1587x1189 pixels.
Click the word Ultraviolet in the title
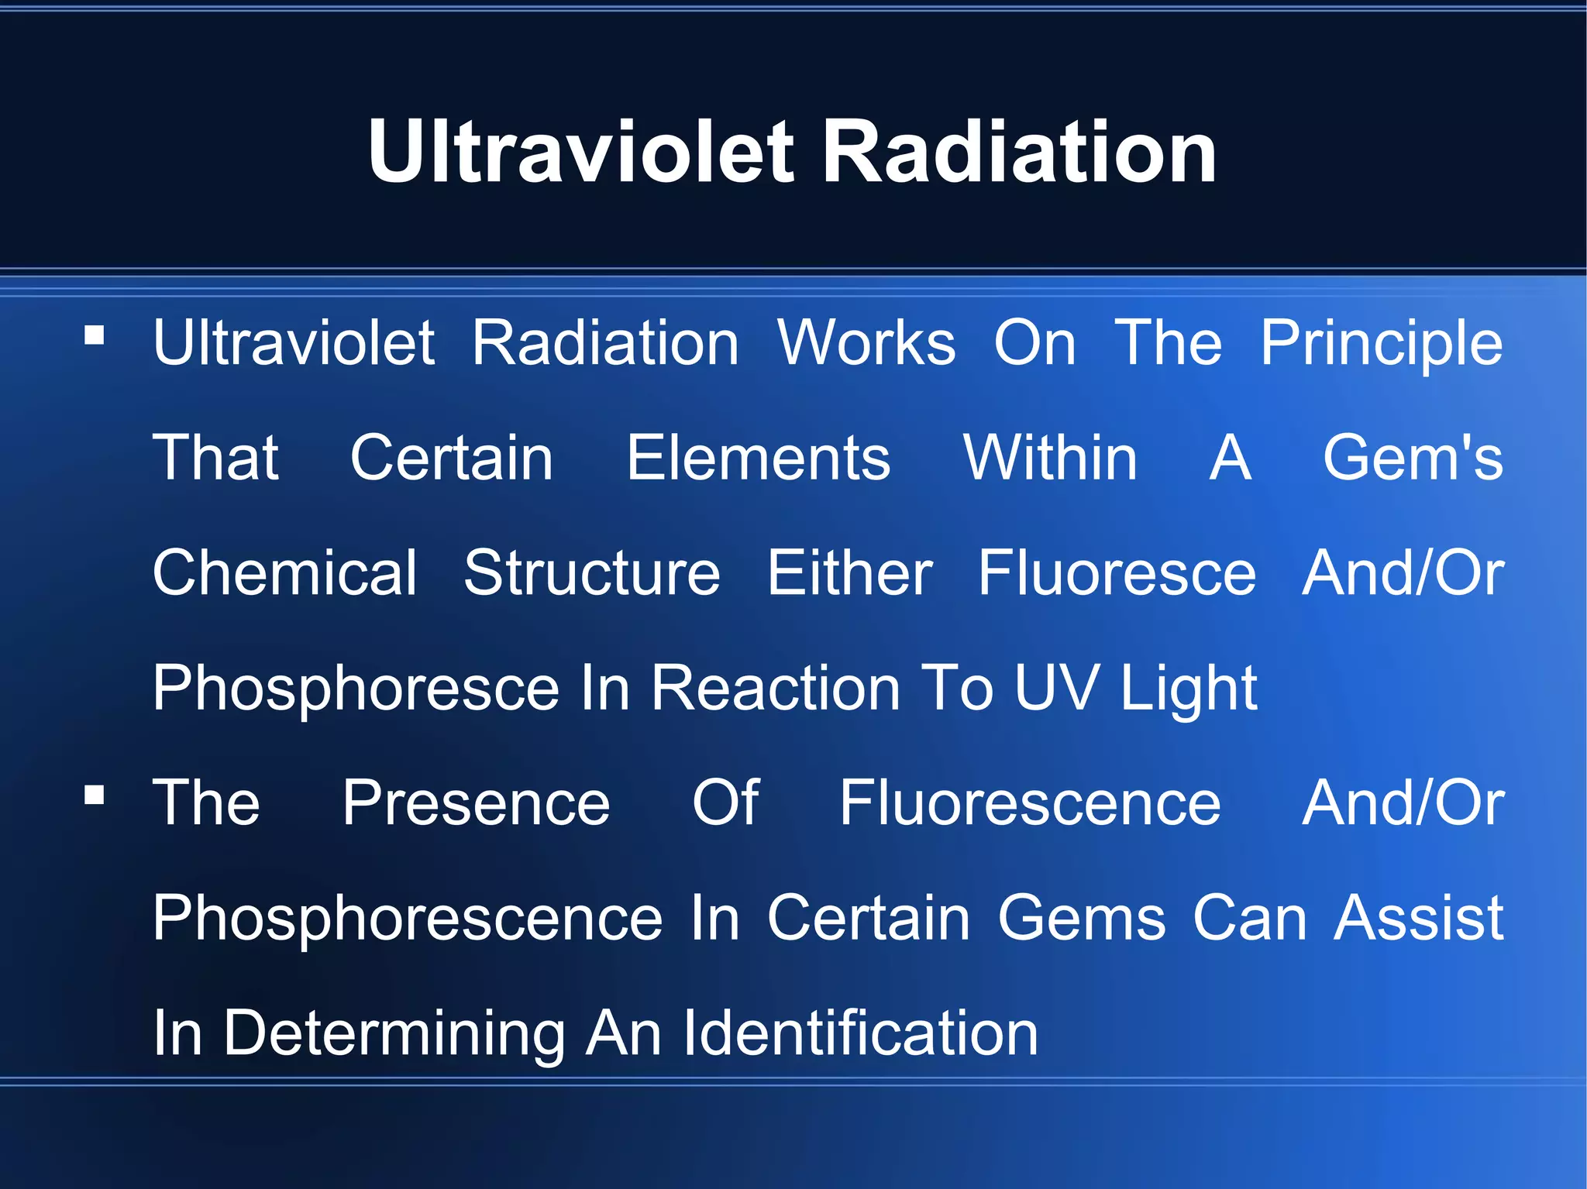[x=581, y=153]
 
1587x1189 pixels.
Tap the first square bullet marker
[x=95, y=335]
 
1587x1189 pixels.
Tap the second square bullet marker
[x=95, y=796]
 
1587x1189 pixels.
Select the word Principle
[x=1381, y=343]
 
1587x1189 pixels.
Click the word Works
[x=866, y=343]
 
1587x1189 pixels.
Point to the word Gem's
[x=1413, y=458]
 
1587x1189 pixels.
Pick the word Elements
[x=758, y=458]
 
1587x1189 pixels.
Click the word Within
[x=1049, y=458]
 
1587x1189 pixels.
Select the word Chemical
[x=285, y=573]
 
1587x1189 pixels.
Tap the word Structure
[x=592, y=573]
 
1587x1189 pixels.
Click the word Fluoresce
[x=1117, y=573]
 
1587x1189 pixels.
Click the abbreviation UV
[x=1055, y=687]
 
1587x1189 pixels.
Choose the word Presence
[x=476, y=803]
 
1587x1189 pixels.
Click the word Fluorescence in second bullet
[x=1030, y=803]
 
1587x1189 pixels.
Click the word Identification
[x=860, y=1033]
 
